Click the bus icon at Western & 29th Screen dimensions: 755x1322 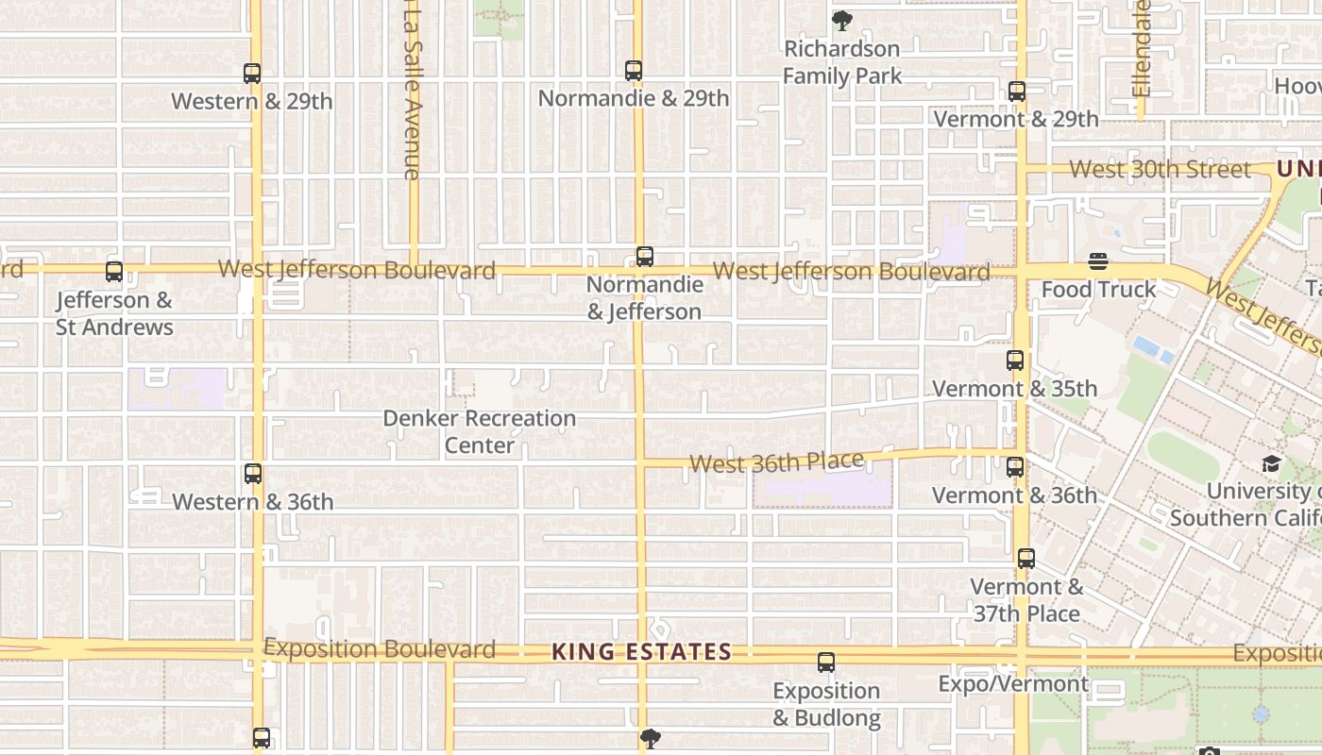click(x=252, y=74)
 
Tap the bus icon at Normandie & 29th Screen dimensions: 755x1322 click(x=634, y=71)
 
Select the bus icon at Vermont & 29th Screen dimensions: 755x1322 click(x=1017, y=92)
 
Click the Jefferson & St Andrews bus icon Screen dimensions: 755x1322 click(x=114, y=272)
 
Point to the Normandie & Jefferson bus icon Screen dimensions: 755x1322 click(x=645, y=257)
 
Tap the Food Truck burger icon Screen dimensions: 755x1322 click(x=1098, y=261)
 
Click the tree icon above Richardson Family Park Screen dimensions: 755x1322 click(x=841, y=21)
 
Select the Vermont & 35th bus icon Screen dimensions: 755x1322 click(x=1015, y=361)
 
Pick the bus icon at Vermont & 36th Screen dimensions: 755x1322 click(x=1015, y=467)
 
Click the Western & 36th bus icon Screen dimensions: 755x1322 click(x=253, y=474)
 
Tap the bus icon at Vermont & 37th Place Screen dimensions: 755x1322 click(x=1026, y=559)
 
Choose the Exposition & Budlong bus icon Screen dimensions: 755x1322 click(x=826, y=663)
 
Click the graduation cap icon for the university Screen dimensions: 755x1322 click(x=1271, y=463)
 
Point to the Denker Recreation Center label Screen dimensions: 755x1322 click(x=479, y=431)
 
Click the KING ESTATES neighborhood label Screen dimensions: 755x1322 click(x=641, y=652)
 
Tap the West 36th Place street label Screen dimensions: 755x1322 click(x=776, y=462)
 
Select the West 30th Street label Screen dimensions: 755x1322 click(x=1160, y=170)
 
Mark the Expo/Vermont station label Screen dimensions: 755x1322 click(x=1013, y=684)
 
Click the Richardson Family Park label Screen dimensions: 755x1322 click(x=842, y=62)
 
